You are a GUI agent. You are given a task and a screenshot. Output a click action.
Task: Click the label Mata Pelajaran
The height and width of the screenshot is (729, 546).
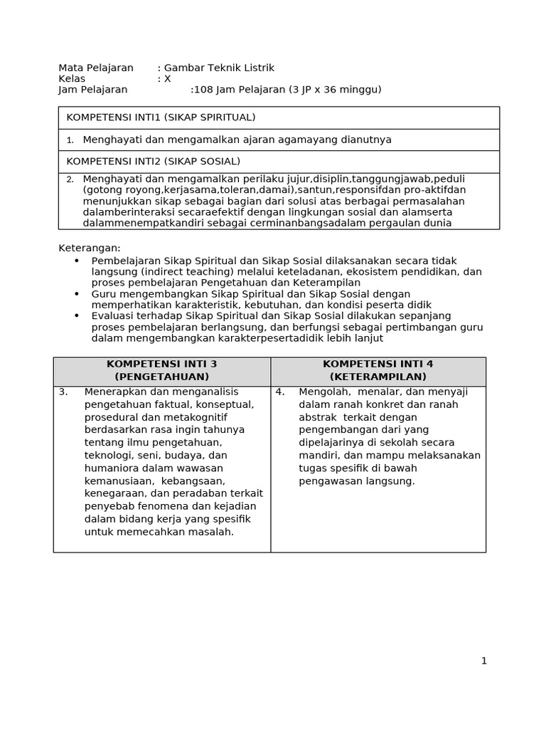96,68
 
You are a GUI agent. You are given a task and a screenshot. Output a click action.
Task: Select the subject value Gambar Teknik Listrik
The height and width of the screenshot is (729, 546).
219,68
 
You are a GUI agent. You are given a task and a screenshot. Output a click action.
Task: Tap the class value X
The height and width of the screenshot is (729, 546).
168,79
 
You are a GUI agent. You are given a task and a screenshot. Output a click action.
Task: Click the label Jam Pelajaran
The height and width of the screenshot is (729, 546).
93,90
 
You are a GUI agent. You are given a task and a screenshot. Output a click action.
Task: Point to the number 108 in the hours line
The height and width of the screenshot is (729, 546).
203,90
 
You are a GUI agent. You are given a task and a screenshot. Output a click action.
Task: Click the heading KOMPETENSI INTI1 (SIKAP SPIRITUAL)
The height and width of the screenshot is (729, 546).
161,117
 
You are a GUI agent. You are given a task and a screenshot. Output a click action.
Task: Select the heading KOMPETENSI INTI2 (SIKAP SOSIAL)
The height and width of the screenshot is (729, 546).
153,162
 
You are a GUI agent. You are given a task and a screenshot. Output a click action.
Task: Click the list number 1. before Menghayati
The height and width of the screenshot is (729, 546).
70,140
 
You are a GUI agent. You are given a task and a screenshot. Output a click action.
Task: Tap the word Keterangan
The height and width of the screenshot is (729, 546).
90,248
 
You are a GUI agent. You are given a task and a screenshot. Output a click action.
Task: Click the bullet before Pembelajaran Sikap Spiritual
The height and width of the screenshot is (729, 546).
77,261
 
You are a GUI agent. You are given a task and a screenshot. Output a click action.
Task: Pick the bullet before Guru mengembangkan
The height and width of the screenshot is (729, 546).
77,294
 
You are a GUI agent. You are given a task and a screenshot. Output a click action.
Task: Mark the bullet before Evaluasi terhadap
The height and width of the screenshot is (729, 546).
77,316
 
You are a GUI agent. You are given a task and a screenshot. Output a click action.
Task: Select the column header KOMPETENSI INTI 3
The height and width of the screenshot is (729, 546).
162,364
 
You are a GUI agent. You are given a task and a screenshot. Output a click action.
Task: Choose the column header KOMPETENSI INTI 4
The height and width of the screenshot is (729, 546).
378,364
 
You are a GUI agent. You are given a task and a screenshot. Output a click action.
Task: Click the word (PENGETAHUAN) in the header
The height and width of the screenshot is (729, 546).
162,377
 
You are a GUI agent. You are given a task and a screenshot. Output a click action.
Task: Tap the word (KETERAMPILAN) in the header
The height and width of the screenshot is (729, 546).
378,377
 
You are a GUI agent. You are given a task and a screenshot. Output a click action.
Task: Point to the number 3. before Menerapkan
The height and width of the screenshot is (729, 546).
63,392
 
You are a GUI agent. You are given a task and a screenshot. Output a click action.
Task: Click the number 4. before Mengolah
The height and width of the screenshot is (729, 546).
280,392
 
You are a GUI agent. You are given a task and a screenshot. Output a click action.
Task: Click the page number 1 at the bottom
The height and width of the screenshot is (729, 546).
484,661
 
